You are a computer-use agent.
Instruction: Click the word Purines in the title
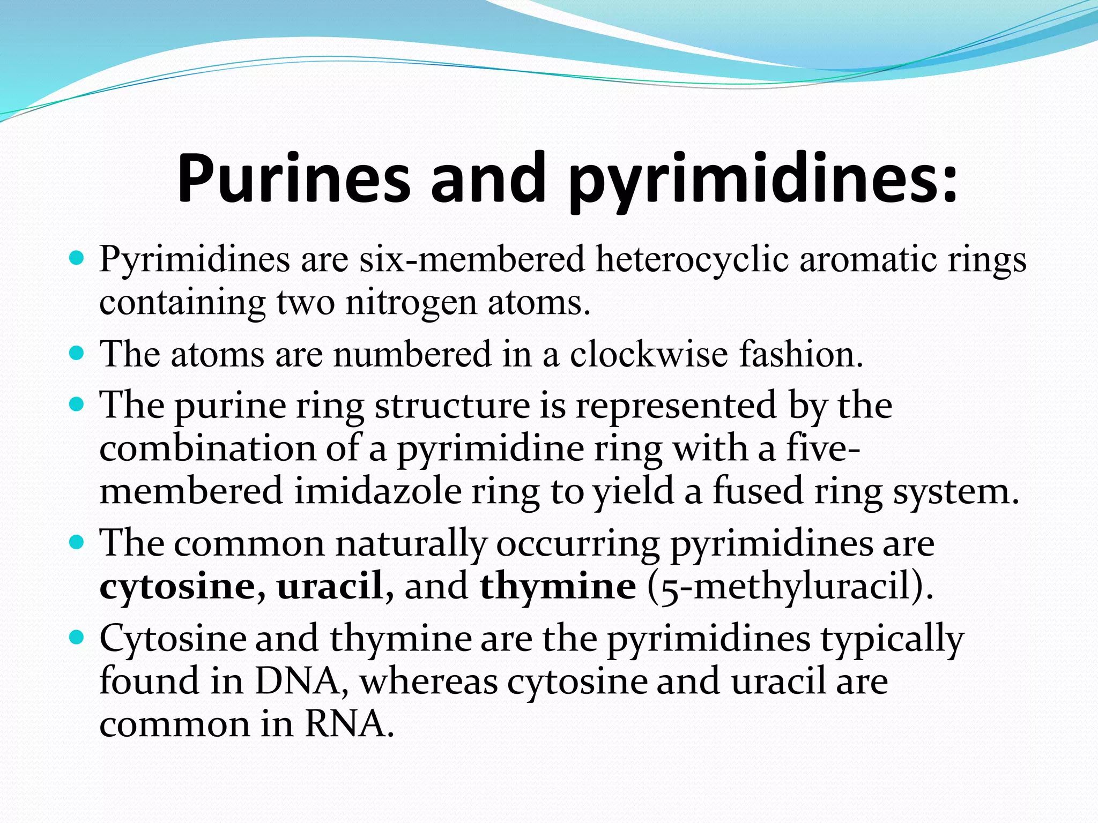click(x=293, y=179)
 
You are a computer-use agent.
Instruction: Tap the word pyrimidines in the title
click(x=761, y=179)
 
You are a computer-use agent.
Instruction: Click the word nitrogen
click(x=411, y=303)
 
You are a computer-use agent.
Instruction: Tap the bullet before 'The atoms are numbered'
click(x=78, y=354)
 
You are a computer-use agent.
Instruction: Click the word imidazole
click(x=377, y=492)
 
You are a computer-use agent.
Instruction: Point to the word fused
click(x=758, y=492)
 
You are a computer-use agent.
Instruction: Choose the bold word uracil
click(x=329, y=586)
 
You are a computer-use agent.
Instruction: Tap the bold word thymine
click(x=558, y=587)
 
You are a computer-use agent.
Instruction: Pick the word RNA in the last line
click(x=345, y=724)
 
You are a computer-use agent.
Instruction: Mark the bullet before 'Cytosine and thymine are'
click(x=78, y=638)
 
